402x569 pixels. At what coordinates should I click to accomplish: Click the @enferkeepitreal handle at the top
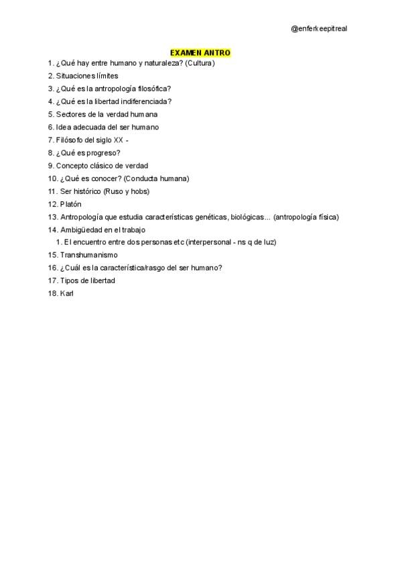[319, 29]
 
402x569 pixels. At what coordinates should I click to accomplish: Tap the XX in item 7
[119, 140]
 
